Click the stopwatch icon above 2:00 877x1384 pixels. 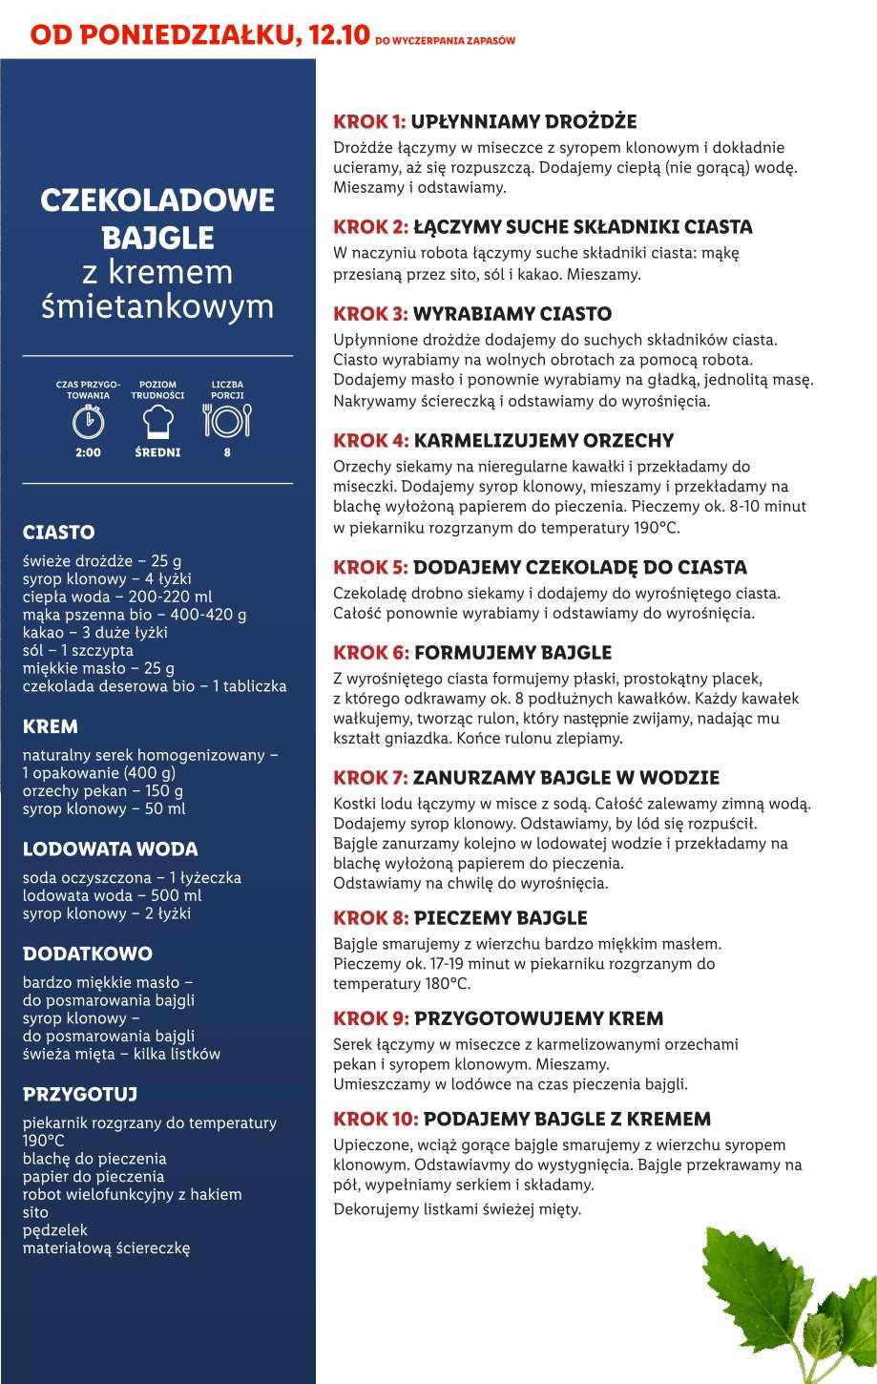pos(88,419)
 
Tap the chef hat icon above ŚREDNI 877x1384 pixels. pos(157,419)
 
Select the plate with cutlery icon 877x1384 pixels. pos(227,419)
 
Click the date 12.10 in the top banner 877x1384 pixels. pos(340,34)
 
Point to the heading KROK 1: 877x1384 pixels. pos(369,122)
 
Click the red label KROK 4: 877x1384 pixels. pos(370,441)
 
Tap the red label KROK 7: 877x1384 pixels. pos(370,778)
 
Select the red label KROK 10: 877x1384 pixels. pos(375,1119)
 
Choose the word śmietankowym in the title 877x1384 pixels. pos(157,307)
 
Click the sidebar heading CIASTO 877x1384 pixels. pos(58,533)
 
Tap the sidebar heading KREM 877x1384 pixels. pos(50,727)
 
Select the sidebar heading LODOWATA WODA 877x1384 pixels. pos(110,849)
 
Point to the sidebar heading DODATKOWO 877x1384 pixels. pos(87,954)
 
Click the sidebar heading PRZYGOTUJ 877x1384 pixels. pos(80,1094)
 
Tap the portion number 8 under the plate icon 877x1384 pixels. pos(227,452)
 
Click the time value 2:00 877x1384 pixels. pos(88,452)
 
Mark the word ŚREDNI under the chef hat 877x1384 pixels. pos(157,452)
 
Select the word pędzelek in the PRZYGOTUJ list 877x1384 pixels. pos(55,1230)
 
